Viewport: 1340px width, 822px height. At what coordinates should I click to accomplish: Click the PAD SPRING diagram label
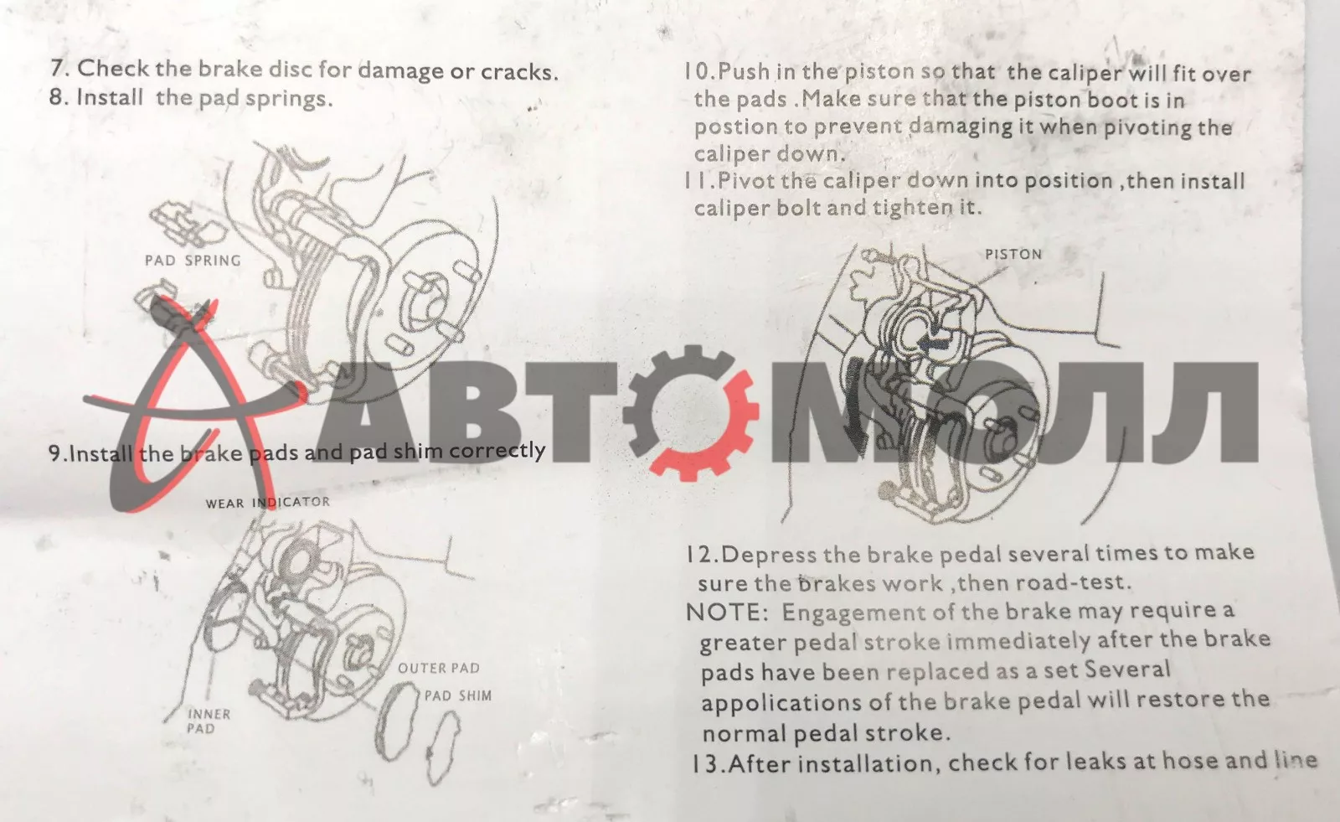193,261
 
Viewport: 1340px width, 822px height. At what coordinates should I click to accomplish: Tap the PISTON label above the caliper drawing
1013,255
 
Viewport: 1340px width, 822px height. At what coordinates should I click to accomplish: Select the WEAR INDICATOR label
267,503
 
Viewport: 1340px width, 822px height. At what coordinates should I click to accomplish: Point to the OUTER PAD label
439,668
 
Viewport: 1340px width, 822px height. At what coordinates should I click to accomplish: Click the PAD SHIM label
457,695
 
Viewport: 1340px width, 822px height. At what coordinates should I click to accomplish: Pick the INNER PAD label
209,721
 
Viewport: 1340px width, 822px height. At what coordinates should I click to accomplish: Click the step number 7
59,68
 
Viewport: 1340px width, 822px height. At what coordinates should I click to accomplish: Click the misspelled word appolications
780,703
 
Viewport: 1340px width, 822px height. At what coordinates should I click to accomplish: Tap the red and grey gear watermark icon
691,413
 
